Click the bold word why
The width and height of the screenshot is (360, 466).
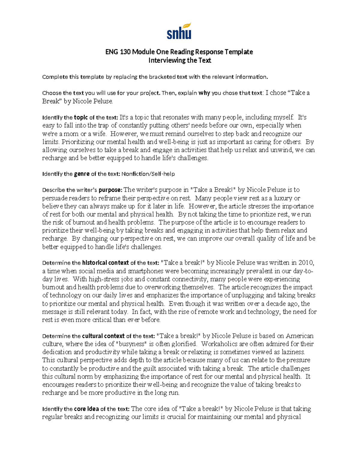point(204,93)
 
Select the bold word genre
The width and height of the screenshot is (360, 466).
point(82,174)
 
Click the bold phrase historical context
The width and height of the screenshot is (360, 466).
point(105,263)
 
